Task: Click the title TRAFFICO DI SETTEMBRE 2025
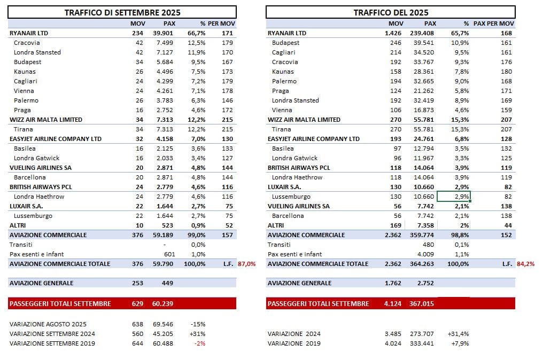pyautogui.click(x=122, y=12)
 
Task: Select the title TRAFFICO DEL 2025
pyautogui.click(x=391, y=12)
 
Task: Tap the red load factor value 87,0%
pyautogui.click(x=247, y=264)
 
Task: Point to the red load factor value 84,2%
pyautogui.click(x=526, y=264)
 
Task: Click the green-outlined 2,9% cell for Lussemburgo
pyautogui.click(x=454, y=197)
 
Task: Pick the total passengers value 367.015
pyautogui.click(x=423, y=303)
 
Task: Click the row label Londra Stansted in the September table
pyautogui.click(x=37, y=52)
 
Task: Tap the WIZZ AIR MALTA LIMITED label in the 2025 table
pyautogui.click(x=304, y=120)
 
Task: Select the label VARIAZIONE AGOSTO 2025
pyautogui.click(x=48, y=324)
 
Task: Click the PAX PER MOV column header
pyautogui.click(x=494, y=24)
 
